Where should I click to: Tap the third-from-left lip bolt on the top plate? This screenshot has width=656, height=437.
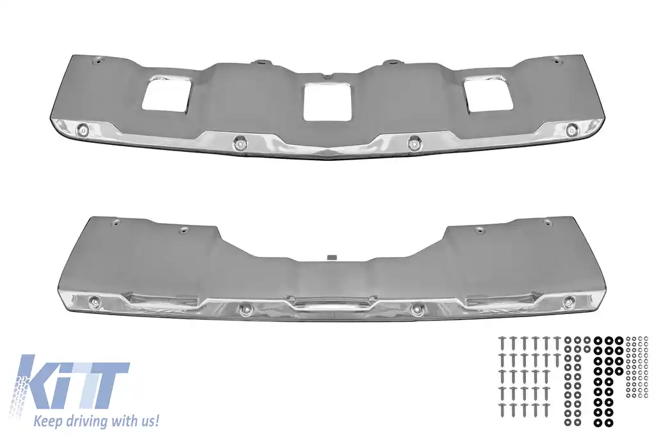(x=413, y=142)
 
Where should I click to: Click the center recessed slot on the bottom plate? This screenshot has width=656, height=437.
(x=329, y=303)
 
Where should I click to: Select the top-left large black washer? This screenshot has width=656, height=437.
(x=598, y=339)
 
